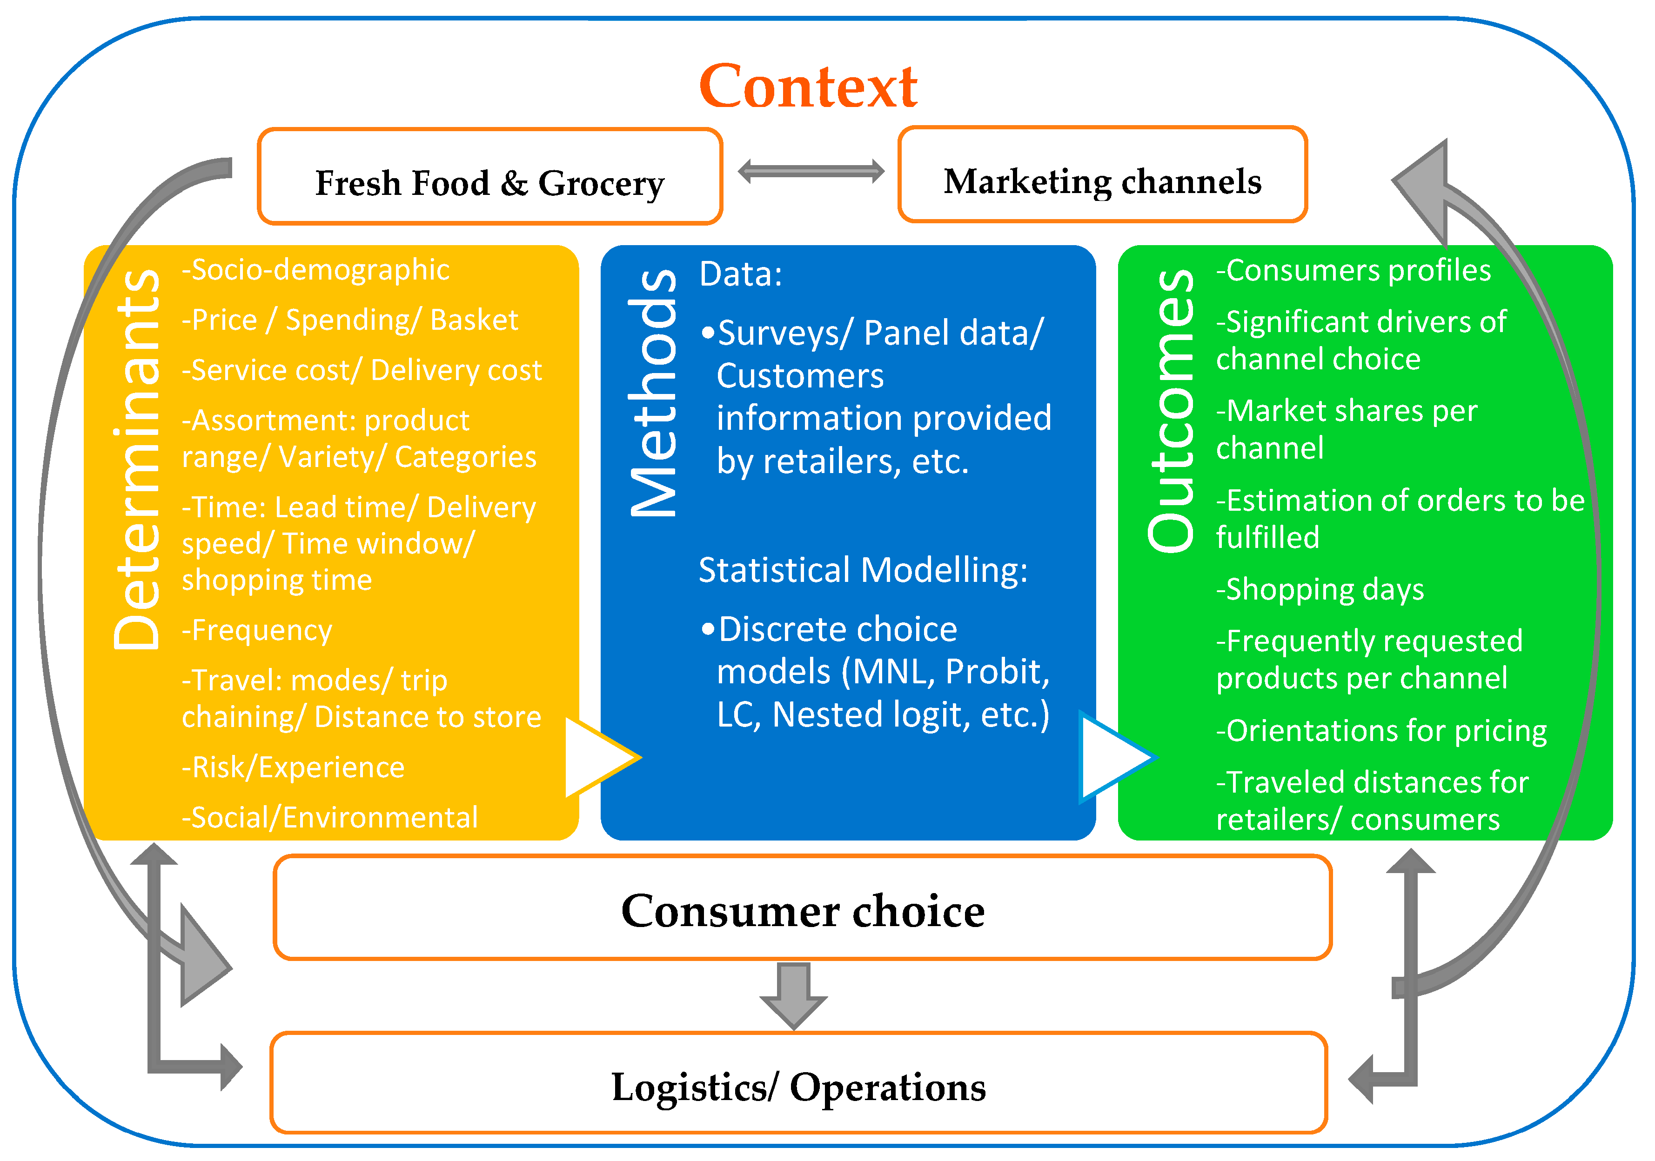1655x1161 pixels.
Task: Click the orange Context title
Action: click(x=808, y=87)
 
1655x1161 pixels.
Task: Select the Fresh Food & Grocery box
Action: click(x=489, y=177)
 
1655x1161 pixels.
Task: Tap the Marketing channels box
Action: click(x=1102, y=175)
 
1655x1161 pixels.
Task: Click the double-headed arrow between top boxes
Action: click(x=811, y=172)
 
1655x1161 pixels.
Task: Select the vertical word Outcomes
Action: click(x=1171, y=411)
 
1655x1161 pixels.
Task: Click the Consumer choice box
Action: click(x=802, y=909)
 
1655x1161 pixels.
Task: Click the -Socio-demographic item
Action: click(x=316, y=270)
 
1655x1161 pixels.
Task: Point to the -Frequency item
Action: click(x=257, y=631)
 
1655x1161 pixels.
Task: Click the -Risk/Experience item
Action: click(x=294, y=767)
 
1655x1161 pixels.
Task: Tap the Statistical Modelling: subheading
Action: click(x=863, y=570)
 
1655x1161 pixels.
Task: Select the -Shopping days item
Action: click(x=1320, y=589)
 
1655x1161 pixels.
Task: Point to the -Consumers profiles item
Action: click(x=1353, y=271)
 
